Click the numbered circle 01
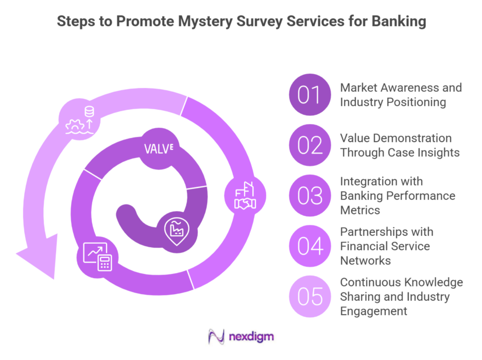[x=309, y=96]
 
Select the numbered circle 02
[x=309, y=146]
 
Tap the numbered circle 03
[x=309, y=196]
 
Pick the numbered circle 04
[x=309, y=246]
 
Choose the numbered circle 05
[x=309, y=297]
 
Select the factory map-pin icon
[x=176, y=229]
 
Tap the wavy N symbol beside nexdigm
[x=216, y=337]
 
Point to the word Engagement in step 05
[x=373, y=311]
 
